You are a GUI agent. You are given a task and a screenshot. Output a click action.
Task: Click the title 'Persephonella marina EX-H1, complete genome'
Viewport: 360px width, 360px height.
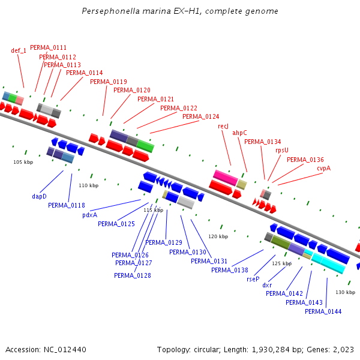point(179,11)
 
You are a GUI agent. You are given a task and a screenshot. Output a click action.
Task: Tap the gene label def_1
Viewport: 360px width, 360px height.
point(19,51)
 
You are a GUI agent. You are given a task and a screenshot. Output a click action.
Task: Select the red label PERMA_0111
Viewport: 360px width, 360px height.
point(48,47)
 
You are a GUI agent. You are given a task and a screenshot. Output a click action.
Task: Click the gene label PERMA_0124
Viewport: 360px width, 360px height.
point(200,116)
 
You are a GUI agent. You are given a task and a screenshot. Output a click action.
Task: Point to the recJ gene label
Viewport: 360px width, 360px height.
point(223,126)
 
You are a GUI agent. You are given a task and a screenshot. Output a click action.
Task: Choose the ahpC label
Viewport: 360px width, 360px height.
point(239,133)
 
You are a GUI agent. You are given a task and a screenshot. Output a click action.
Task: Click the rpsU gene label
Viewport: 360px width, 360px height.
point(281,150)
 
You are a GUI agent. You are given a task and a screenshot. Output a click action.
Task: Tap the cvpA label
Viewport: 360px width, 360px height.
point(323,168)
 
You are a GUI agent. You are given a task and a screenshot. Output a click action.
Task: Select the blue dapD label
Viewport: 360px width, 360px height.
point(39,196)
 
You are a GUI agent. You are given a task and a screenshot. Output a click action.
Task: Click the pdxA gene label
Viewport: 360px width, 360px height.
point(89,215)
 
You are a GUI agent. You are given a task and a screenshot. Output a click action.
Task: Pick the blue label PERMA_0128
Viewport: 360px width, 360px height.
point(132,275)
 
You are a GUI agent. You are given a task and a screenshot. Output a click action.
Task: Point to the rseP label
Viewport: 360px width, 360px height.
point(253,279)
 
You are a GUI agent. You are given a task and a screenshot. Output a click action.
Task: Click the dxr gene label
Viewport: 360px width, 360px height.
point(267,285)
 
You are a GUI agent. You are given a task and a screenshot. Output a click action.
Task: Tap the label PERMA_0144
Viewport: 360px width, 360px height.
point(323,311)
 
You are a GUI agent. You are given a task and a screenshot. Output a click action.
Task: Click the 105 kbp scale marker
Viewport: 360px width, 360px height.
point(23,162)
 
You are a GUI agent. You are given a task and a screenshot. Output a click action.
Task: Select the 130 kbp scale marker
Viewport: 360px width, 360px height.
point(345,292)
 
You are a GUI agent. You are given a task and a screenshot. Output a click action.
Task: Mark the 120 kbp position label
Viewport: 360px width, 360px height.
point(218,236)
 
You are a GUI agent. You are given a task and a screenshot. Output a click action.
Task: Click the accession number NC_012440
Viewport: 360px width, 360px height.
point(46,349)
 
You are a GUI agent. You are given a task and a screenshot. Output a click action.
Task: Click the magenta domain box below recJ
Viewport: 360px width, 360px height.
point(226,178)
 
